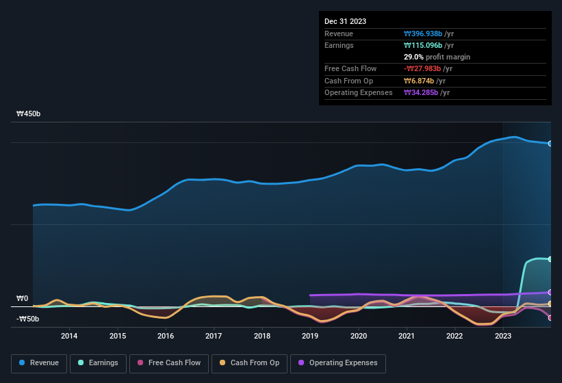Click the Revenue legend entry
pos(39,363)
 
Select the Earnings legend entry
pos(99,363)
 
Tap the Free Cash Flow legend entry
pos(169,363)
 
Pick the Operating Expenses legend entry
pos(338,363)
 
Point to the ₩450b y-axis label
pos(29,114)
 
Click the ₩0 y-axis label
pos(22,299)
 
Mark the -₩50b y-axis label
pos(27,319)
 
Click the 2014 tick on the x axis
pos(69,336)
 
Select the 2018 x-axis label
pos(261,336)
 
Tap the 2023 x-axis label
pos(502,336)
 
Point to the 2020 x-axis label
pos(358,336)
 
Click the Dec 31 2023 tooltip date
pos(345,21)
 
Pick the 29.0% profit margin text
pos(437,57)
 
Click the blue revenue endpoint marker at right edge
pos(550,144)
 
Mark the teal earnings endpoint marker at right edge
pos(550,259)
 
